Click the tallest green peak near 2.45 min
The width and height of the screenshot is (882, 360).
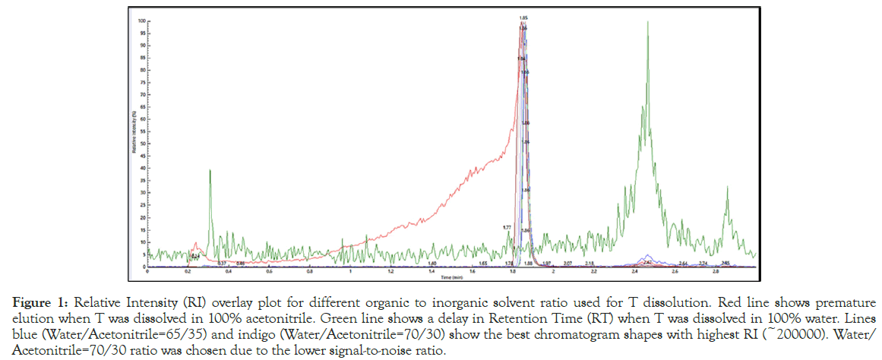tap(647, 23)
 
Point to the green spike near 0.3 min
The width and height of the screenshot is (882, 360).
tap(210, 171)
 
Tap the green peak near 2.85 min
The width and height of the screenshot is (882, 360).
tap(727, 188)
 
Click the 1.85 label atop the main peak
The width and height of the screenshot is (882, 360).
tap(523, 17)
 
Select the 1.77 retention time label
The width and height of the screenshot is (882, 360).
tap(507, 227)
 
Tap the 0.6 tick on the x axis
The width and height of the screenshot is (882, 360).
tap(269, 272)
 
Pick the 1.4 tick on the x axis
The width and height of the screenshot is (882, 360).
tap(432, 272)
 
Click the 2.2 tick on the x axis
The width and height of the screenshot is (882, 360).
tap(594, 272)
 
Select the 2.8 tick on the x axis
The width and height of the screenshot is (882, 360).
tap(716, 272)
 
